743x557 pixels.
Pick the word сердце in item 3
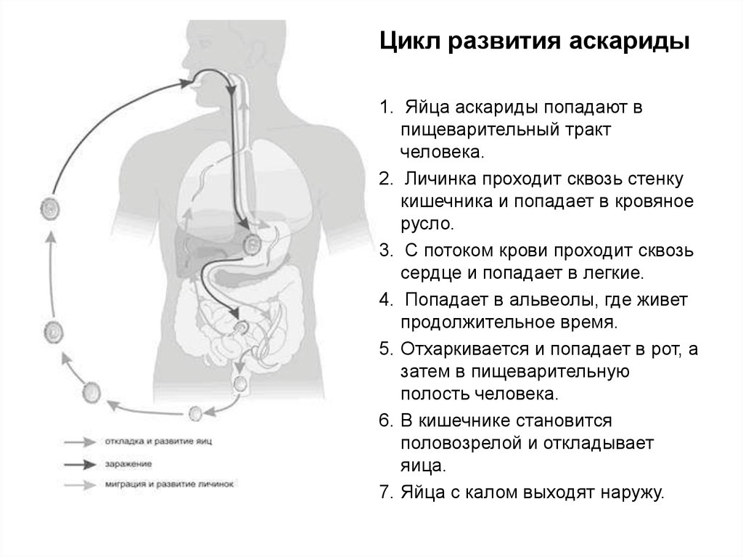click(431, 273)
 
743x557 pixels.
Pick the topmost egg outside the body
click(47, 208)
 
